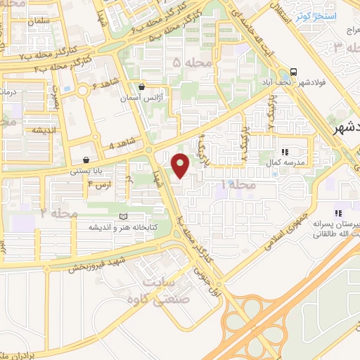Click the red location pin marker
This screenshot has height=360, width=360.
click(x=181, y=165)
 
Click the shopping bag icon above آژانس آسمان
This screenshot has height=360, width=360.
click(x=142, y=88)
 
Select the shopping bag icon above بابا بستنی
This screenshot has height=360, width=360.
click(x=86, y=160)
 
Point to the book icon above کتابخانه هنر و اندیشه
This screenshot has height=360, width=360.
click(x=124, y=217)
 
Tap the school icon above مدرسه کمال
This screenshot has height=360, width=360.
click(x=285, y=152)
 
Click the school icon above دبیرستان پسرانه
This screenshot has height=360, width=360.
click(x=338, y=212)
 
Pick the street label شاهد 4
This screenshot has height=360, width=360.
click(x=122, y=145)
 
